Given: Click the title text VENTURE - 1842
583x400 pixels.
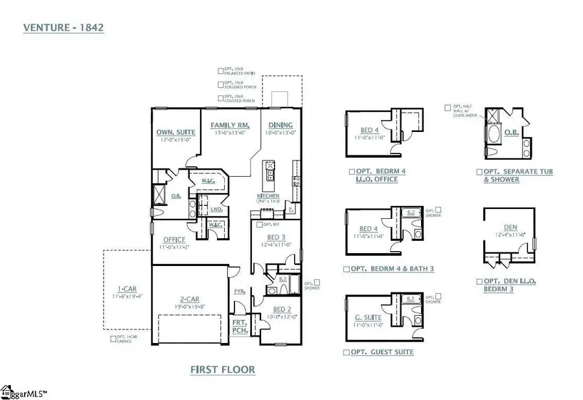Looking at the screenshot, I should click(64, 28).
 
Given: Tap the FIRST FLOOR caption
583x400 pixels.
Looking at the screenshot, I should click(222, 370).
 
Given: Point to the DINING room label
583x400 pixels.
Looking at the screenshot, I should click(280, 125).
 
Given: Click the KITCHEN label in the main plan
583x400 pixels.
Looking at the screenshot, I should click(268, 195).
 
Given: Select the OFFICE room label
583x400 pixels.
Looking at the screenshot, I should click(174, 239).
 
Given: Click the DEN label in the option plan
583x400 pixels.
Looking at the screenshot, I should click(509, 227).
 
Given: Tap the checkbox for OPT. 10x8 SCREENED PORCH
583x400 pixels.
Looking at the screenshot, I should click(221, 84).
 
